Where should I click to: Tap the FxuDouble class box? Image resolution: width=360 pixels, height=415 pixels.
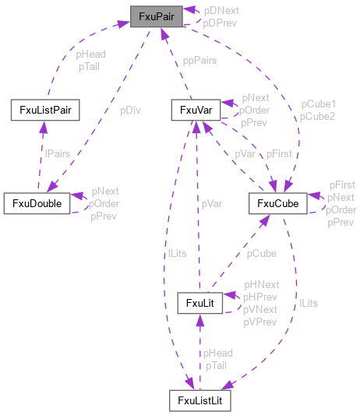point(37,202)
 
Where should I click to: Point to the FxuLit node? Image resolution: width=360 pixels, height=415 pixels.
point(200,301)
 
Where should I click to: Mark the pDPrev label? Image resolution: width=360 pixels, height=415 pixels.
point(221,23)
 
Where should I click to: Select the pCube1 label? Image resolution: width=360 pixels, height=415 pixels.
point(319,104)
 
